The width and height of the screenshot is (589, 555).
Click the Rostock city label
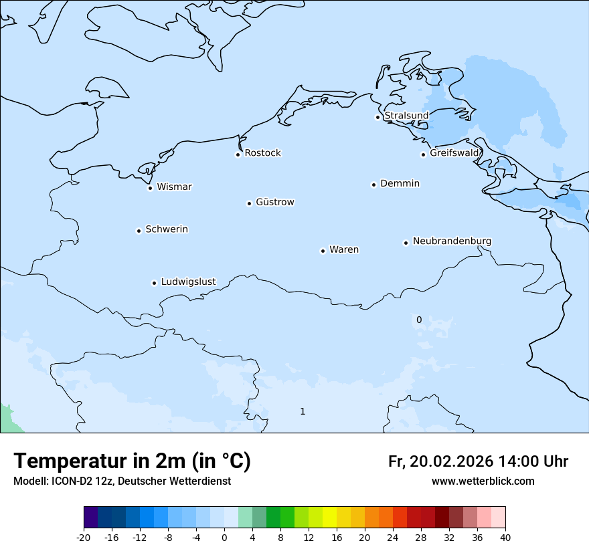(x=262, y=153)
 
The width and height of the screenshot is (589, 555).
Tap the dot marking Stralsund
(x=377, y=117)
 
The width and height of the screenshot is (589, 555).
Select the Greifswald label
(x=454, y=153)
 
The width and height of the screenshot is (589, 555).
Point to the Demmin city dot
(x=373, y=185)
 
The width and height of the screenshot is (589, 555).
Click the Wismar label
(x=174, y=187)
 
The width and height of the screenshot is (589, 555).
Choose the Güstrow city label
(x=274, y=202)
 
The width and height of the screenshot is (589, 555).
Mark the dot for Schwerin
(x=139, y=231)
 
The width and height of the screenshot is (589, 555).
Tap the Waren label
(x=344, y=249)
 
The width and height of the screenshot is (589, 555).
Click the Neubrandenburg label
(x=452, y=241)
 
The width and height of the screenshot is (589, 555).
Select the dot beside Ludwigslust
(x=154, y=283)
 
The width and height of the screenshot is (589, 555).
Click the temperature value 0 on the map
(x=419, y=320)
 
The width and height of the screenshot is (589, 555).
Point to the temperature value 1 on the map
(x=303, y=411)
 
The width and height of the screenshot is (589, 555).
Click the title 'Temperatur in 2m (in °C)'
(x=133, y=461)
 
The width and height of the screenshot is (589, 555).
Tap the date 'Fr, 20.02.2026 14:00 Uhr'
(x=478, y=461)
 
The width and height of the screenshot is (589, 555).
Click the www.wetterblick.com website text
(x=483, y=481)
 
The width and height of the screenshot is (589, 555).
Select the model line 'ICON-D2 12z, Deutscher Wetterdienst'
(x=122, y=481)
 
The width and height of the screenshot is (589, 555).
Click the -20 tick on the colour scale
(x=84, y=536)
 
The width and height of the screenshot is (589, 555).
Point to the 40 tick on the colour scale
(x=505, y=536)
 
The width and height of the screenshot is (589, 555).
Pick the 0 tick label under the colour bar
(x=224, y=536)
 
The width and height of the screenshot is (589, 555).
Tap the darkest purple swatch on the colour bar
(x=91, y=518)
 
